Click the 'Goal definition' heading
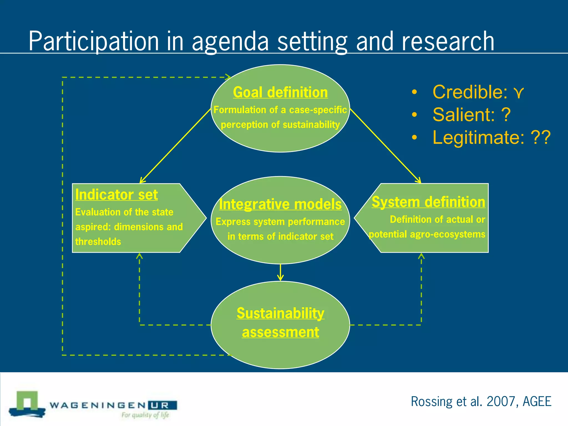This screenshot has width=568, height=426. coord(280,92)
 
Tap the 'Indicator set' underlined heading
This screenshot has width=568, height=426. coord(116,195)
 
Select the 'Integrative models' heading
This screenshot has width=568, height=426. coord(280,204)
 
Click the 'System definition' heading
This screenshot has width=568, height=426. coord(428,202)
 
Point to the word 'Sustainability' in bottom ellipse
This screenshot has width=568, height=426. coord(280,313)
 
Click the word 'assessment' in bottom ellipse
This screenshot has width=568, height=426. coord(280,332)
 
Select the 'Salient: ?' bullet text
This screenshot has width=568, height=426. coord(471,115)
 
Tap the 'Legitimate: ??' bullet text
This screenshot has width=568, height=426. coord(491,138)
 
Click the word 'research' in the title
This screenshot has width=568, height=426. coord(448,42)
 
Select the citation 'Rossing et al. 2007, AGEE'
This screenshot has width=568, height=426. coord(481,401)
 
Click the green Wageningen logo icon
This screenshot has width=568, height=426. coord(27,404)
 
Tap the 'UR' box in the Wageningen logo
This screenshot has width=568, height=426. coord(162,405)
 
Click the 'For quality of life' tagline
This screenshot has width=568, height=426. coord(145,415)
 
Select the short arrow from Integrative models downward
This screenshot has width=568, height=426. coord(280,272)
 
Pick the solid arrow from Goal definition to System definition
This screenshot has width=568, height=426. coord(386,146)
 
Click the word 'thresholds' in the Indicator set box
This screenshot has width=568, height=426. coord(98,242)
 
